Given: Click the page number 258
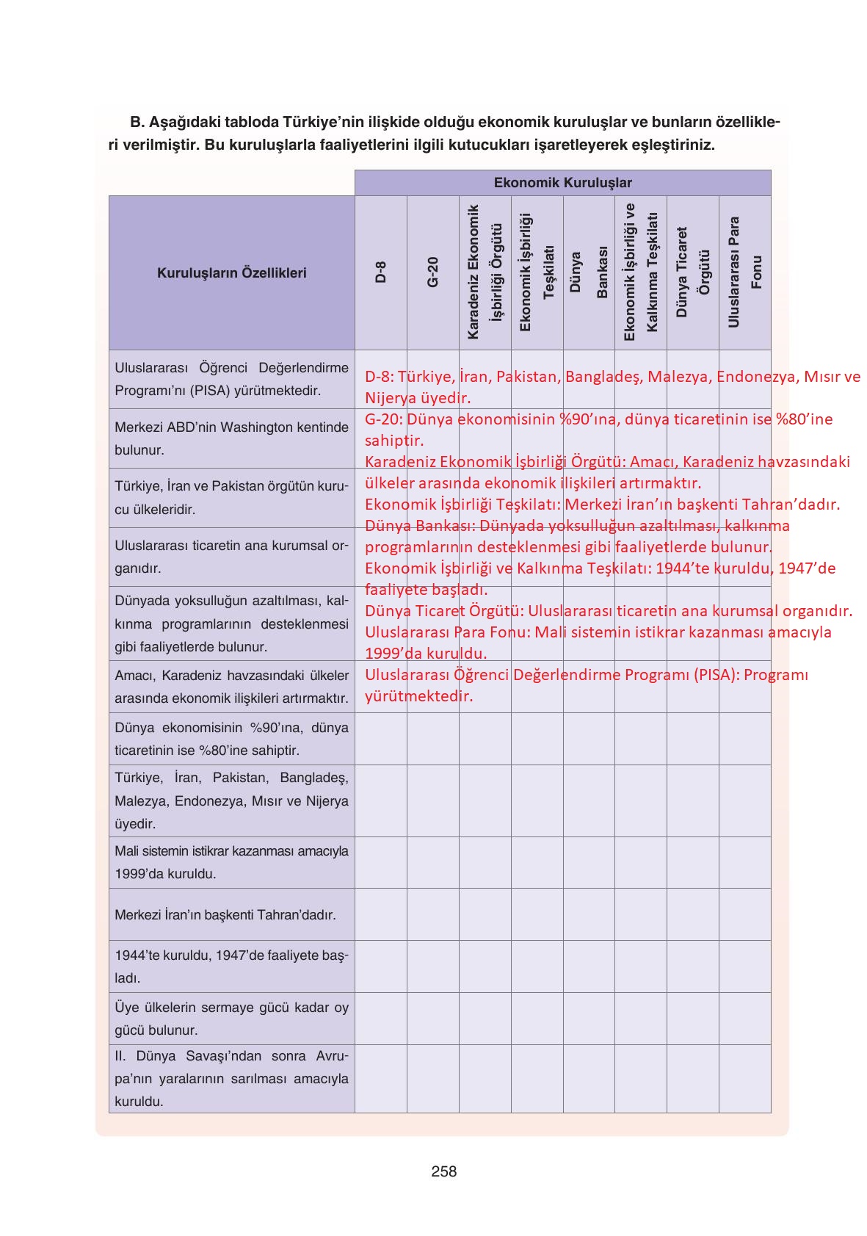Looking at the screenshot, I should (443, 1171).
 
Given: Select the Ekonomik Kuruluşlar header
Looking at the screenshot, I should (562, 183).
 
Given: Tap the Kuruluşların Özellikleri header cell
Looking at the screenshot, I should (231, 273).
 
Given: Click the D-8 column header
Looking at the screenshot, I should (380, 272).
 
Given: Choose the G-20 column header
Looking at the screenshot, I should (432, 272).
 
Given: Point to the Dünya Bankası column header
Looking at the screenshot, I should (589, 272).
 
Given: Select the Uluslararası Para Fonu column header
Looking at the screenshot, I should (744, 272).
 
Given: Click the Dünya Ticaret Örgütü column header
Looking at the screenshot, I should (692, 272).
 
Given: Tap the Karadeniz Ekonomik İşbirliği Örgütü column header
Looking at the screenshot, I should (485, 272).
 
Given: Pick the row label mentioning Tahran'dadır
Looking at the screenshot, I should (225, 915).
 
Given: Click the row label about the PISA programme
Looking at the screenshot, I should (231, 379).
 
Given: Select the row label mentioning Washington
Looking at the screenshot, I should (231, 438).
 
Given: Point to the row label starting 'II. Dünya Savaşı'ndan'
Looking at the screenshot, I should (231, 1078).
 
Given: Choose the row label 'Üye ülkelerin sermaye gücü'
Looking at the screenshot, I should (231, 1019).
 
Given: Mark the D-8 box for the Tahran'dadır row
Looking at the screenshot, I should (380, 914).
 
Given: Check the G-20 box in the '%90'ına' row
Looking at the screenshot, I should (432, 739).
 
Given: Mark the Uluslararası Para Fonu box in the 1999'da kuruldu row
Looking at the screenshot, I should (744, 862).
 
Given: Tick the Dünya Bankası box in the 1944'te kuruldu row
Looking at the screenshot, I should (589, 966).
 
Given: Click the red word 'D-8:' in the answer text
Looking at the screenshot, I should (380, 377).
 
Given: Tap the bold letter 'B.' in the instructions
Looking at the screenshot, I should (138, 123).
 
